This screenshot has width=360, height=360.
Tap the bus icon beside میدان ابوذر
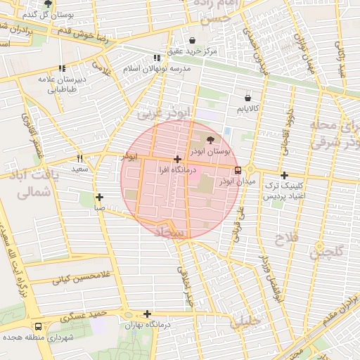click(x=238, y=169)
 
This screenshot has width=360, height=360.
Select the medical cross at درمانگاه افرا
click(x=177, y=159)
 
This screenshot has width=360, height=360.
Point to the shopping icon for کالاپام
click(x=247, y=98)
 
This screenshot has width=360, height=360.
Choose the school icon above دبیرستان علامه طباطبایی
click(x=62, y=69)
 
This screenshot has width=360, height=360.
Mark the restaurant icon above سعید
click(x=79, y=158)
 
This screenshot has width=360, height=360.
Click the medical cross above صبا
click(x=99, y=197)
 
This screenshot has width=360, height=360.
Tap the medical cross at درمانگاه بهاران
click(x=147, y=314)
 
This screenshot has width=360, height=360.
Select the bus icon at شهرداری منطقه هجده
click(x=37, y=326)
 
